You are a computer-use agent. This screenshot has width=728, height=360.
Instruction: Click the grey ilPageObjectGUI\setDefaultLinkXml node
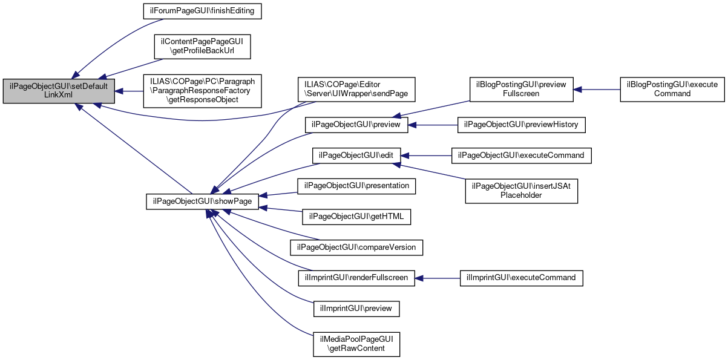tap(58, 91)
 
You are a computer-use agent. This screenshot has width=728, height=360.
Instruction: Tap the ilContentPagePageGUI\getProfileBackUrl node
tap(202, 47)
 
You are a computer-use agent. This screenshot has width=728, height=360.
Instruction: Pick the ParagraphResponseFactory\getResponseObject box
tap(202, 91)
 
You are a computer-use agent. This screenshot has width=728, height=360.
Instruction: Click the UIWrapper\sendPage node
tap(355, 89)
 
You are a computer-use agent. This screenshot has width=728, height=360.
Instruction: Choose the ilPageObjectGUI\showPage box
tap(203, 201)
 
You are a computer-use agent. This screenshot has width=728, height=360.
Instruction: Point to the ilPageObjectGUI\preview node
tap(356, 124)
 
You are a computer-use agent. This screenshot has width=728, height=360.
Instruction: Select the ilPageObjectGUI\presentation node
tap(356, 186)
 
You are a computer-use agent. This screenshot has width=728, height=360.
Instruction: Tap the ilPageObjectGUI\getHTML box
tap(356, 216)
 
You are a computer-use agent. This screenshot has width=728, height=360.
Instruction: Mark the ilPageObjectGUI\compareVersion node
tap(356, 247)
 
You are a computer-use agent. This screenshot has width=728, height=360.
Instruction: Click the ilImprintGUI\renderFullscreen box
tap(356, 278)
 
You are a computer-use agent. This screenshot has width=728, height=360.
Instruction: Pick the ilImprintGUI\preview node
tap(356, 308)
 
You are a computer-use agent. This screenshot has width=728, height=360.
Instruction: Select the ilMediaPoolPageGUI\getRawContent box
tap(356, 344)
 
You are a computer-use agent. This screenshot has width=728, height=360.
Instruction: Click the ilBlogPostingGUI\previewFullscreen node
tap(521, 89)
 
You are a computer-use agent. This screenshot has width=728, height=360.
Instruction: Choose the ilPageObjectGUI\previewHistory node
tap(521, 124)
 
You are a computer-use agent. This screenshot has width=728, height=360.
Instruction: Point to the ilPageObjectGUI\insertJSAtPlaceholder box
tap(521, 191)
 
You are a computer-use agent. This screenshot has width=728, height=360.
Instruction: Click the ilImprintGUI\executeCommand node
tap(521, 278)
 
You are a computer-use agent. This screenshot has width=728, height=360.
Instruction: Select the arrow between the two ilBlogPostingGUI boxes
tap(597, 89)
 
